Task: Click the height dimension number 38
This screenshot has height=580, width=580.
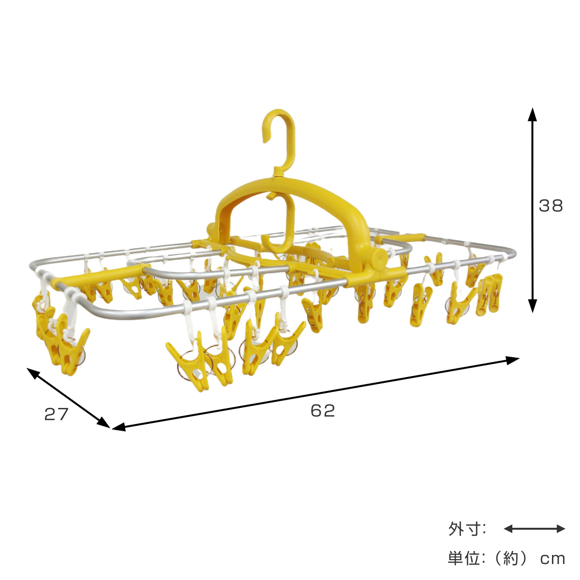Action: [x=551, y=206]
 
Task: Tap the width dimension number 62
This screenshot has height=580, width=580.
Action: [x=323, y=411]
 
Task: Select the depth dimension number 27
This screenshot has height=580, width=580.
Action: [x=56, y=414]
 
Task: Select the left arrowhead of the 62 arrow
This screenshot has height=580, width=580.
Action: [x=119, y=426]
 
